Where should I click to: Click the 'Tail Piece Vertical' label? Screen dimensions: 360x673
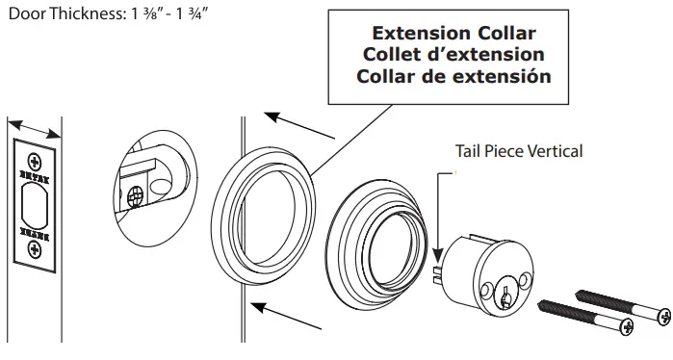[x=519, y=151]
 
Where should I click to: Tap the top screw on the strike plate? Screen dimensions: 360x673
[x=35, y=159]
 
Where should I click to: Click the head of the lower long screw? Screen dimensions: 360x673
[x=627, y=328]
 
